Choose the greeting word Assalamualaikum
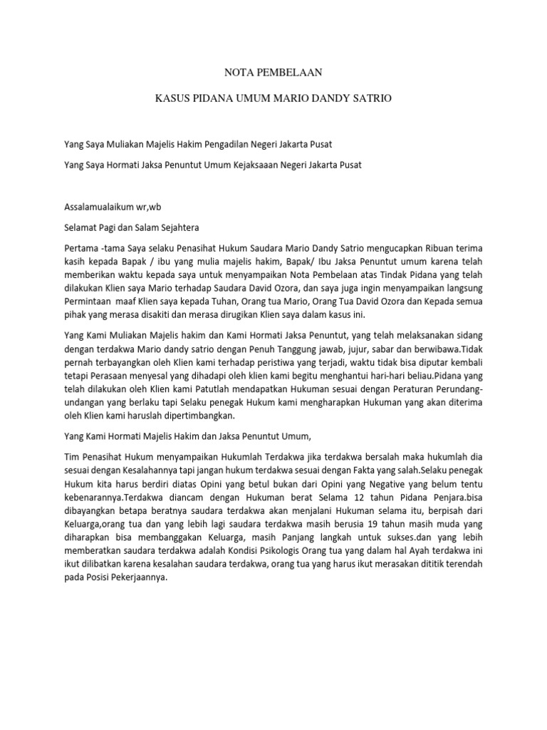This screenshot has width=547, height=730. coord(101,207)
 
